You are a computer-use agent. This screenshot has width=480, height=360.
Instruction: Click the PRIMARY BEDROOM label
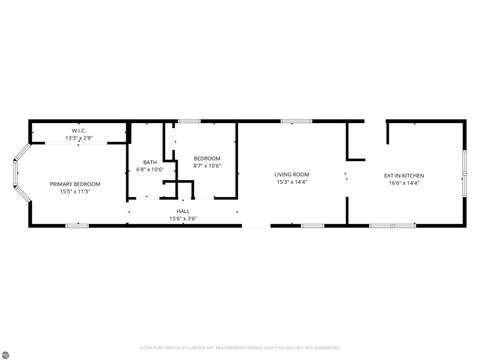(x=76, y=184)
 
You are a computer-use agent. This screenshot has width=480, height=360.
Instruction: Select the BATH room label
(x=150, y=162)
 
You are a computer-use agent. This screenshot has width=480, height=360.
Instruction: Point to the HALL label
(x=184, y=212)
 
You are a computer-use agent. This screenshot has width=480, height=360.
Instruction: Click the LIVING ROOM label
(x=292, y=175)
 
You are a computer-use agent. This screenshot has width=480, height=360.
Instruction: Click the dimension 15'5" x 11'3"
(x=76, y=191)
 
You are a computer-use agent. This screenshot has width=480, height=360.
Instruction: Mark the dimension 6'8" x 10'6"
(x=150, y=169)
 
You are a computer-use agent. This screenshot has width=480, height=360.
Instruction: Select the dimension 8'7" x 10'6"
(x=207, y=165)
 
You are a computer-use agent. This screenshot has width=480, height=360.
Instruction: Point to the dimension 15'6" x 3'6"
(x=184, y=218)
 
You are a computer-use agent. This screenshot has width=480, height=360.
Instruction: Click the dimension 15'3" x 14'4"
(x=292, y=182)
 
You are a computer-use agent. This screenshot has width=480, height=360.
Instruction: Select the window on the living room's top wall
(x=295, y=122)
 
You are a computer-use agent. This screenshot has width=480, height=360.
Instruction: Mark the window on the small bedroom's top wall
(x=189, y=122)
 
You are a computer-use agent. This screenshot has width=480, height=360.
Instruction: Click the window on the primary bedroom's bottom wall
(x=78, y=225)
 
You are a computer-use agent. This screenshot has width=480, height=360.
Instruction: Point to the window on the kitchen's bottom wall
(x=392, y=225)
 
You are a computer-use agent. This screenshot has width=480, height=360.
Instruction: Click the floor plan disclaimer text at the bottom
(x=240, y=348)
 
